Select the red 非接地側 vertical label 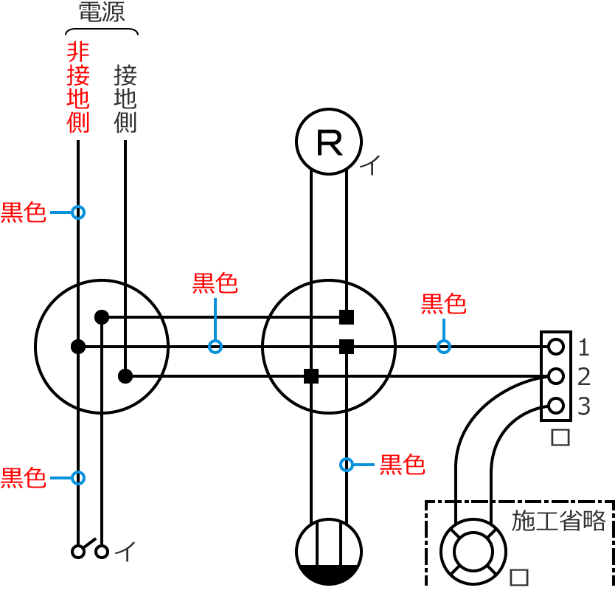pyautogui.click(x=77, y=87)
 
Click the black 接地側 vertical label pyautogui.click(x=125, y=98)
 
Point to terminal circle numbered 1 pyautogui.click(x=556, y=346)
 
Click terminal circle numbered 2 pyautogui.click(x=556, y=376)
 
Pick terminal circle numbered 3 pyautogui.click(x=556, y=405)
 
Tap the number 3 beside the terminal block pyautogui.click(x=584, y=406)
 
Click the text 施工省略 pyautogui.click(x=558, y=521)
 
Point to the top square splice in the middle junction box pyautogui.click(x=347, y=317)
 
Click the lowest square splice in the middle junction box pyautogui.click(x=311, y=376)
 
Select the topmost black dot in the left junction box pyautogui.click(x=102, y=317)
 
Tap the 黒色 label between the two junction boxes pyautogui.click(x=215, y=283)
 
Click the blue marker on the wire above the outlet pyautogui.click(x=347, y=465)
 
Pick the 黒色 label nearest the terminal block pyautogui.click(x=443, y=303)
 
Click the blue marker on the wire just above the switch pyautogui.click(x=78, y=478)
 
